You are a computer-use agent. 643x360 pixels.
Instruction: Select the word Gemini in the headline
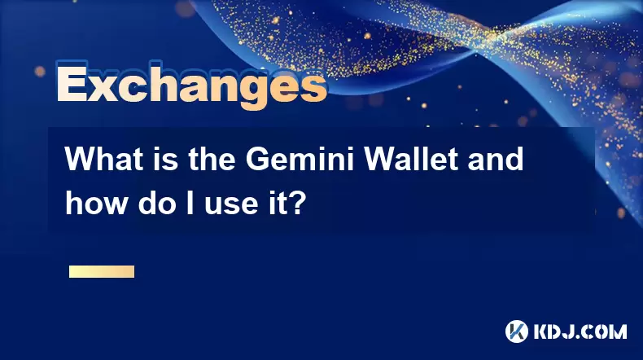[x=300, y=159]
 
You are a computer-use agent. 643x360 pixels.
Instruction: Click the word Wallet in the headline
[x=411, y=159]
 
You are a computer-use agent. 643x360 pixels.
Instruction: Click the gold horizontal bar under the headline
[x=102, y=272]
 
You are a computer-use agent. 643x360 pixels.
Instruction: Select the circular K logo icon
[x=517, y=331]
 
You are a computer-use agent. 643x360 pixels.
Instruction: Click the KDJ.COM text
[x=580, y=331]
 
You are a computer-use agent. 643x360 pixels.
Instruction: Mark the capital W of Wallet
[x=383, y=159]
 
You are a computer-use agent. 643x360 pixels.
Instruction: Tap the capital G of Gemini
[x=257, y=159]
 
